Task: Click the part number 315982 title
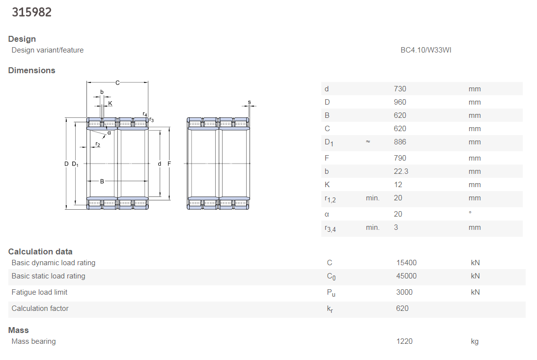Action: point(31,12)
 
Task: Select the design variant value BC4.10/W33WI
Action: point(425,50)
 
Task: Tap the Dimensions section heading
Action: point(31,70)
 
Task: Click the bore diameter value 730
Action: point(399,89)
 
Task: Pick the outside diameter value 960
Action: point(399,102)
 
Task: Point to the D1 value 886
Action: point(399,142)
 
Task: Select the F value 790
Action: point(399,158)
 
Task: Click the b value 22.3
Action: point(401,171)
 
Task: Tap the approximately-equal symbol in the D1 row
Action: point(368,141)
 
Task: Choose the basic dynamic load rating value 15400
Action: point(406,263)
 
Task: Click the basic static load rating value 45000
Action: point(406,276)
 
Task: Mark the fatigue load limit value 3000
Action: point(404,292)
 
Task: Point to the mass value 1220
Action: point(404,341)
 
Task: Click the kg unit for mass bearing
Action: point(475,341)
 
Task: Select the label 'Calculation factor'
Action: point(40,308)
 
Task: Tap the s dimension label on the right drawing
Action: point(249,102)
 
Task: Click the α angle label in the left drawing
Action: point(109,133)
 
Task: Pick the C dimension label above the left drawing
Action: point(117,83)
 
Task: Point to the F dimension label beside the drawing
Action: point(169,164)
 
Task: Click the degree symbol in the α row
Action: point(470,213)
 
